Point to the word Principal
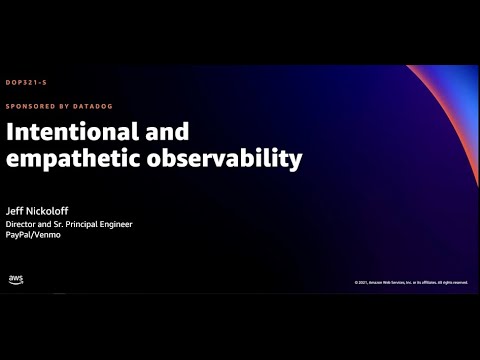[87, 224]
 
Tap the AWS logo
[16, 279]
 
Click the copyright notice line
[411, 282]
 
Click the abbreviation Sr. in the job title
[64, 224]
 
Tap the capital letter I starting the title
[11, 133]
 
